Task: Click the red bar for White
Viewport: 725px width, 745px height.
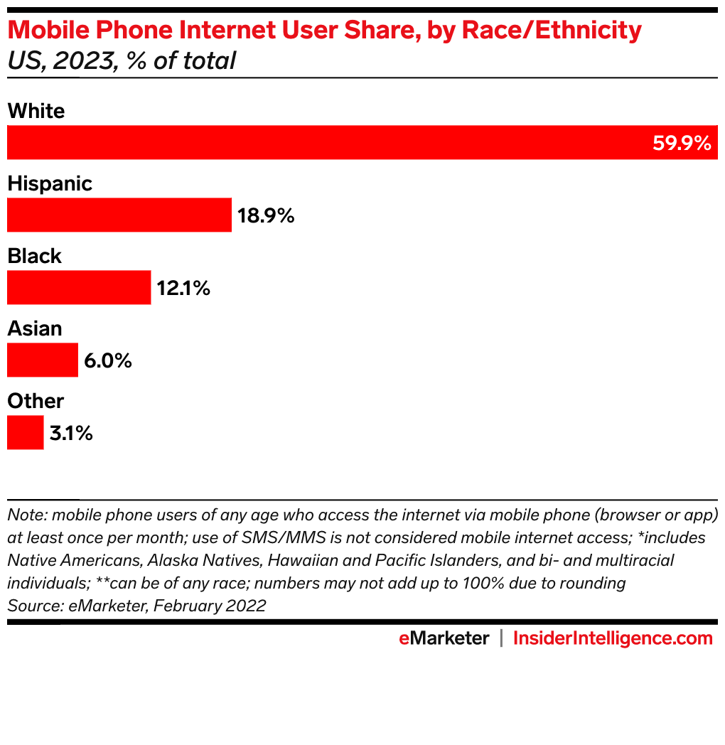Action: click(x=327, y=142)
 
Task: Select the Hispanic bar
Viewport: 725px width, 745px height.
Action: click(x=119, y=215)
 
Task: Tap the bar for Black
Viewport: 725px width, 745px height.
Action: click(x=79, y=287)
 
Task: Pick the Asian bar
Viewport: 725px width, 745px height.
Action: click(x=42, y=360)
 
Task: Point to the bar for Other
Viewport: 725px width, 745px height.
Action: click(x=25, y=432)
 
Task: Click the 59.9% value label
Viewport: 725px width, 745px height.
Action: click(x=681, y=144)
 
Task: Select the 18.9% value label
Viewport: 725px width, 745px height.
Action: click(x=266, y=215)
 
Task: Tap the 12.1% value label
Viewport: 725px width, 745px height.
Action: click(x=183, y=288)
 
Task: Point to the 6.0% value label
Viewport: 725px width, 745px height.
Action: click(x=108, y=360)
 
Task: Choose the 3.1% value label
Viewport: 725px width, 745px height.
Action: click(x=71, y=433)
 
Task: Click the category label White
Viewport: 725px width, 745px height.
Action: click(x=36, y=111)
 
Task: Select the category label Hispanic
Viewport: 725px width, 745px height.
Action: click(x=50, y=183)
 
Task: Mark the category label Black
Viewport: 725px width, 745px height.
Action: click(x=34, y=256)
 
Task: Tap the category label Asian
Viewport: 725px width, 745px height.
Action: click(x=34, y=328)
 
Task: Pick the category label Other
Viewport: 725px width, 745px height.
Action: click(x=36, y=401)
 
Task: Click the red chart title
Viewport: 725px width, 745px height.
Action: click(x=324, y=31)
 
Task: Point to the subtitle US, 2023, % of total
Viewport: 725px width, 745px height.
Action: click(x=121, y=61)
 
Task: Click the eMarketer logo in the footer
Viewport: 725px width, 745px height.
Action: click(x=444, y=638)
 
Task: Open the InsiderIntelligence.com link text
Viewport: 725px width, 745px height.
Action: click(x=613, y=638)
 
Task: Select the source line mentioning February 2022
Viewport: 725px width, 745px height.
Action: click(x=136, y=606)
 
